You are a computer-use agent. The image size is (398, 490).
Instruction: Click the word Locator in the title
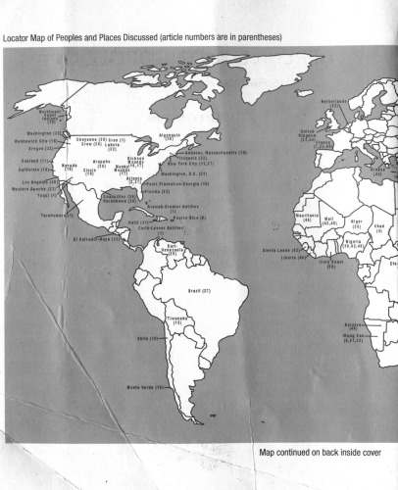pyautogui.click(x=21, y=38)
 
